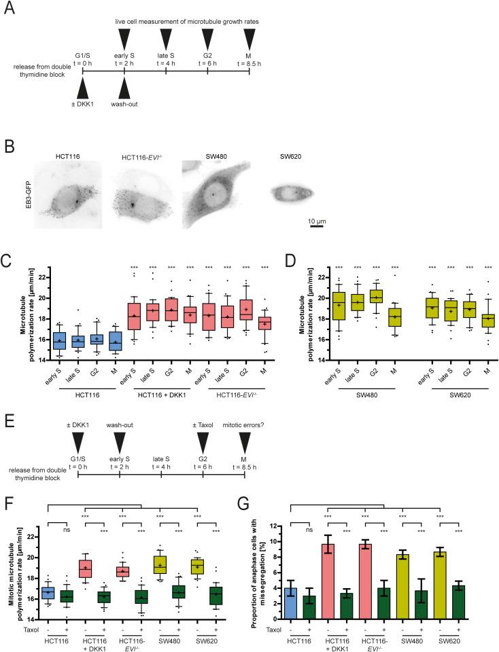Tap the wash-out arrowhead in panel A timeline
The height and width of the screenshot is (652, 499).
point(124,88)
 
